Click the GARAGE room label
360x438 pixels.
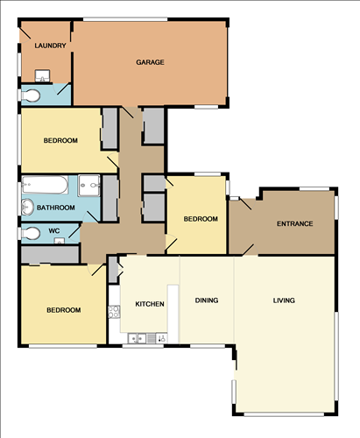click(x=150, y=62)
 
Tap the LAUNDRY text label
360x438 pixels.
click(x=50, y=46)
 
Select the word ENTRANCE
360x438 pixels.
click(x=295, y=223)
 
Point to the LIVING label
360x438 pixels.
click(x=284, y=300)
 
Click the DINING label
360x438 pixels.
click(x=207, y=300)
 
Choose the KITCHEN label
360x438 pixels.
click(x=150, y=304)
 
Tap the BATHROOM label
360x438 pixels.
click(x=56, y=208)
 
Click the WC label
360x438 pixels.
click(x=54, y=231)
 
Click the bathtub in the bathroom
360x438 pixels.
click(x=45, y=185)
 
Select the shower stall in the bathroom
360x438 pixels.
click(x=89, y=186)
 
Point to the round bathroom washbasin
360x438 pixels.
click(x=28, y=207)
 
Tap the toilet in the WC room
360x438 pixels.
click(x=30, y=234)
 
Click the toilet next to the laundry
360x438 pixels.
click(x=30, y=95)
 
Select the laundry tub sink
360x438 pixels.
click(x=42, y=76)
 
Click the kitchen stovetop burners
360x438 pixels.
click(x=114, y=312)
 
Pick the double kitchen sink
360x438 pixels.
click(x=138, y=339)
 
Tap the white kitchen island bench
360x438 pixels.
click(x=173, y=314)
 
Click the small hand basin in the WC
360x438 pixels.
click(x=60, y=241)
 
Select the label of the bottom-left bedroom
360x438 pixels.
click(x=64, y=310)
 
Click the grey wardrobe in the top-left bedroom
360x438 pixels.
click(x=109, y=129)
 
